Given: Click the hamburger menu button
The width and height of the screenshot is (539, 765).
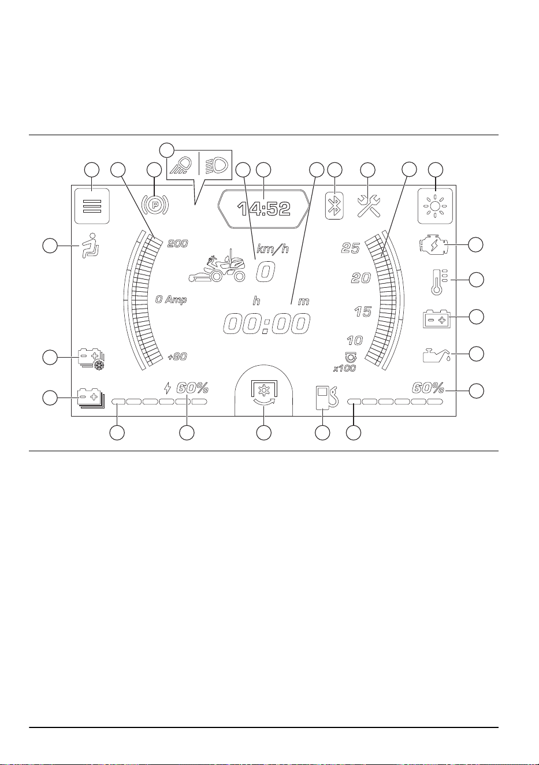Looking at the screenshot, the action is (92, 206).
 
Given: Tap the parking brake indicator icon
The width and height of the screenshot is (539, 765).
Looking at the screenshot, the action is (155, 205).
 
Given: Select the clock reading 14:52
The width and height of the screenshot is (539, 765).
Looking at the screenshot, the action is (264, 209).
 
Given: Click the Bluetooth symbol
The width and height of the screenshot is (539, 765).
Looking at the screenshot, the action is (334, 206).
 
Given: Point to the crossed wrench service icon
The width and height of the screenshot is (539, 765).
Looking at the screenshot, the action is (368, 206).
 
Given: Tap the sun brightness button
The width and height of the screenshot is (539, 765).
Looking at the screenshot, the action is (435, 206).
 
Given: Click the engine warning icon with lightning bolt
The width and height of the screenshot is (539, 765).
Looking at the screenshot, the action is (433, 245).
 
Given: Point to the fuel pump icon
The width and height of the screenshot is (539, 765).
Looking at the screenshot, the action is (326, 398).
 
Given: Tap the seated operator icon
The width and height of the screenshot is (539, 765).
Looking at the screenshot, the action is (90, 246).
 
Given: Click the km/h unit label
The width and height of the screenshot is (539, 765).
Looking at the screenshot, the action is (273, 249).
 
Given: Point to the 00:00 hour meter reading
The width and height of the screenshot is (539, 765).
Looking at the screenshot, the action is (266, 324).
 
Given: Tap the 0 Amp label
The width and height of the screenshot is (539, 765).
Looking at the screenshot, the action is (171, 300).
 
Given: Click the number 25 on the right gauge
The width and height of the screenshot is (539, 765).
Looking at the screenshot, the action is (351, 248).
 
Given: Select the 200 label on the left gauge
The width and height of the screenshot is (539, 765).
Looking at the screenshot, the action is (177, 244).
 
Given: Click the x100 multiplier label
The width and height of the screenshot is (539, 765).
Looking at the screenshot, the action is (344, 369).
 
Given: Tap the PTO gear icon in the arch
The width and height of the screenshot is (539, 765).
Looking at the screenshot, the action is (264, 392).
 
